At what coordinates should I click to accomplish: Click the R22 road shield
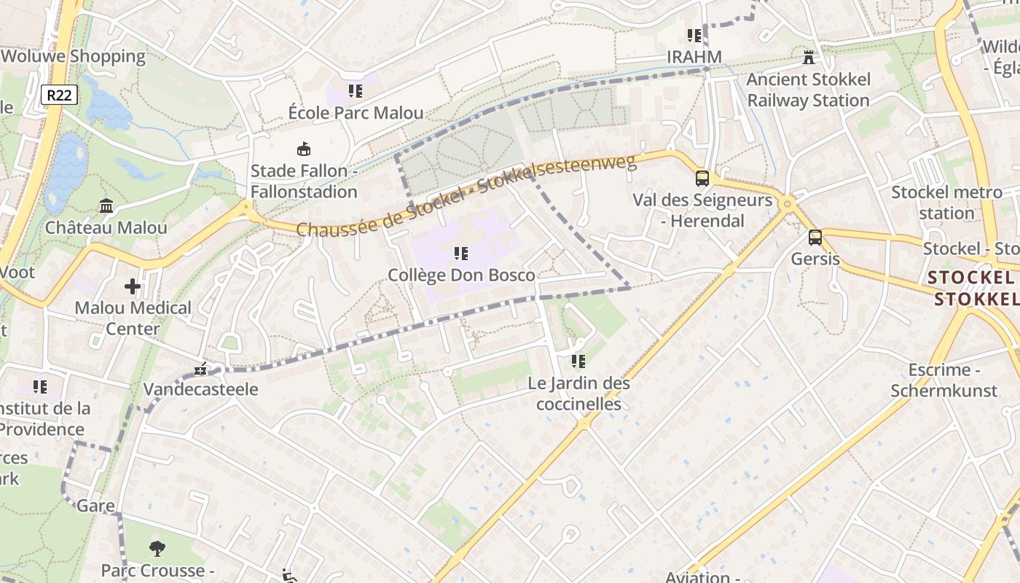coord(59,95)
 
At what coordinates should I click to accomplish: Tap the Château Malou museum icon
coord(106,206)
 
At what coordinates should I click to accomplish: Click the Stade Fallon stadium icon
coord(304,149)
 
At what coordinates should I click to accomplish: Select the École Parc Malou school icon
coord(356,91)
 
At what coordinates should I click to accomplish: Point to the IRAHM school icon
coord(694,35)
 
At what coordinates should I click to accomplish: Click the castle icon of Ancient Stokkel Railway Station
coord(808,57)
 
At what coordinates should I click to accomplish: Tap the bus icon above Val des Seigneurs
coord(702,178)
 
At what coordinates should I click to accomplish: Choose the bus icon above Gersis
coord(815,237)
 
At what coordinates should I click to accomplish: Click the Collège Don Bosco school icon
coord(461,254)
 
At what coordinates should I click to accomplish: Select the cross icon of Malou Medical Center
coord(133,286)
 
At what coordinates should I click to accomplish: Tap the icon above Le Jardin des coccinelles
coord(578,361)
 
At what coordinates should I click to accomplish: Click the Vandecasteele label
coord(200,389)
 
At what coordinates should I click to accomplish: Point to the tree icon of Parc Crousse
coord(157,549)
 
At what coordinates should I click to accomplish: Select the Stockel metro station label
coord(946,203)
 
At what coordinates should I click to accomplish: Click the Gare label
coord(95,506)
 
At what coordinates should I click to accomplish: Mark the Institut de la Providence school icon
coord(40,386)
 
